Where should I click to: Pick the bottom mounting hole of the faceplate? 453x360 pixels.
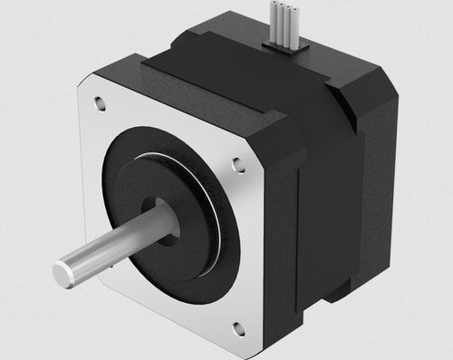click(238, 328)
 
